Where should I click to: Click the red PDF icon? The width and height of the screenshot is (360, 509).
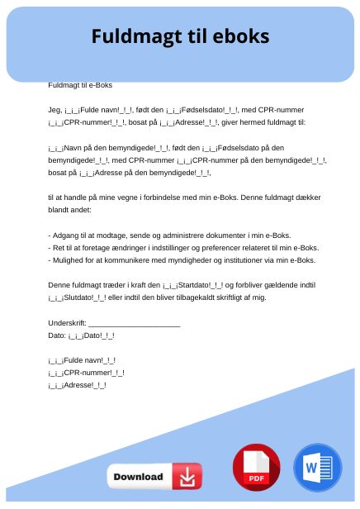pyautogui.click(x=256, y=468)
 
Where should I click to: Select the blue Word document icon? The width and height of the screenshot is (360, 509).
pyautogui.click(x=317, y=468)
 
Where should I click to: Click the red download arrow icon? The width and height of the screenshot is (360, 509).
pyautogui.click(x=187, y=477)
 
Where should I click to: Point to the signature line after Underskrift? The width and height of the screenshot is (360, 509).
pyautogui.click(x=134, y=323)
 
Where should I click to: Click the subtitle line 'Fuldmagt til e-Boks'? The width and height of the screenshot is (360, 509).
pyautogui.click(x=80, y=85)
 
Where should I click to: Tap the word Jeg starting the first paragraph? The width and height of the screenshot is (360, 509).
pyautogui.click(x=54, y=110)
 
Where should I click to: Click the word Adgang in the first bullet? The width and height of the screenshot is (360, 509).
pyautogui.click(x=66, y=235)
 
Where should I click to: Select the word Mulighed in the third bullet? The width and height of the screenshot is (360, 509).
pyautogui.click(x=69, y=259)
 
